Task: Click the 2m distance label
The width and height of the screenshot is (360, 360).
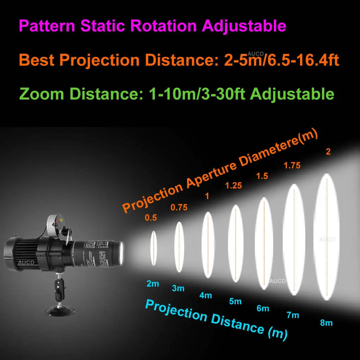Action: [152, 283]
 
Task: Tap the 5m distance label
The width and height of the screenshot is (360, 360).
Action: [235, 301]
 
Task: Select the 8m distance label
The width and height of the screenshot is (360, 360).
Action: [326, 323]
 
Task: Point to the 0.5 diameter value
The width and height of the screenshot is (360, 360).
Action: [151, 218]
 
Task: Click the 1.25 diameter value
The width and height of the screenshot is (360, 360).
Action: [234, 185]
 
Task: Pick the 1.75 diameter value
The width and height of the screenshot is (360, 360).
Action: [292, 165]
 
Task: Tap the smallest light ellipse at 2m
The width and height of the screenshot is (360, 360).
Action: [153, 248]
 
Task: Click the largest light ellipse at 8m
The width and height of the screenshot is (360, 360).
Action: [326, 236]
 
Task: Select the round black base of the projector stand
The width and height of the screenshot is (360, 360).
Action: [62, 310]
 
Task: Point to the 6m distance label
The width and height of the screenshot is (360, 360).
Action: [263, 308]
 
